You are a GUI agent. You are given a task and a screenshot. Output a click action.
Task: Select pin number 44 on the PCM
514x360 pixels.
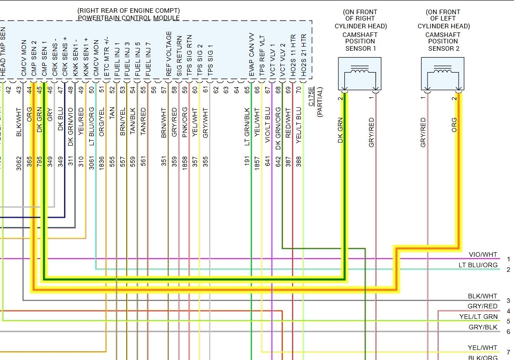29,90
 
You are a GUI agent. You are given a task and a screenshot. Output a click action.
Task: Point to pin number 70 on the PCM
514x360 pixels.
299,90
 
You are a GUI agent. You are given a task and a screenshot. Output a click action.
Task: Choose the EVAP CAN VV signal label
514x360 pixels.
251,54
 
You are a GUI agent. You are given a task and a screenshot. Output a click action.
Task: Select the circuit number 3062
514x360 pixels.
19,161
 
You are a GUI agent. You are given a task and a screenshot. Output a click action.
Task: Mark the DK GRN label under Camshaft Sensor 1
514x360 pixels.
340,131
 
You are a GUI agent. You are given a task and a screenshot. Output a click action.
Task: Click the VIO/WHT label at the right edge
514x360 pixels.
483,254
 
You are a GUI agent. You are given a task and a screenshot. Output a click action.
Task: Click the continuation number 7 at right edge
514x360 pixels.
508,352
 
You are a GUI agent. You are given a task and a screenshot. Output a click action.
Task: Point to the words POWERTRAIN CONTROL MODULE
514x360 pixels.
128,18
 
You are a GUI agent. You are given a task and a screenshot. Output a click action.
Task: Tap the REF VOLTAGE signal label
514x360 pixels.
169,54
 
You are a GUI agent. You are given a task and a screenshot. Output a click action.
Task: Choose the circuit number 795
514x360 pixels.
39,161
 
